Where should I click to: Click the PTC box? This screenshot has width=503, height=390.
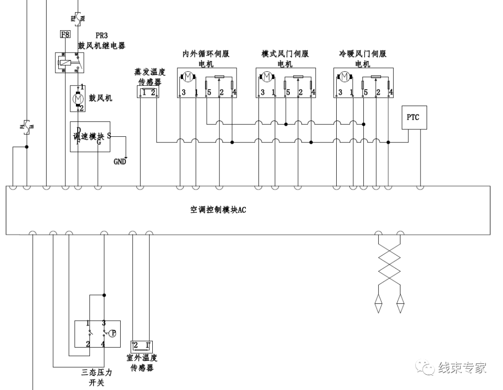point(413,117)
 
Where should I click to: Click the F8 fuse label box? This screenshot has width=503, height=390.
point(65,34)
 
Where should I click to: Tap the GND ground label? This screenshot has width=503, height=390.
point(120,162)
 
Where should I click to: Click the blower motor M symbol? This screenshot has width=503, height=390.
point(78,98)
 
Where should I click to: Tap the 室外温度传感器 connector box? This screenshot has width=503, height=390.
point(142,345)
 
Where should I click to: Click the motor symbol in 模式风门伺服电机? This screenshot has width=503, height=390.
point(266,76)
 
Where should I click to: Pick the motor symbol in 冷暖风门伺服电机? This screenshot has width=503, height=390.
point(345,76)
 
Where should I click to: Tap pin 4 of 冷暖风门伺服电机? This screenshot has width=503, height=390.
point(390,93)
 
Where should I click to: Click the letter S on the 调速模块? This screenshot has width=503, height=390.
point(109,135)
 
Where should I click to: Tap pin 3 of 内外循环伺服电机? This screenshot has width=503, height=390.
point(184,93)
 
